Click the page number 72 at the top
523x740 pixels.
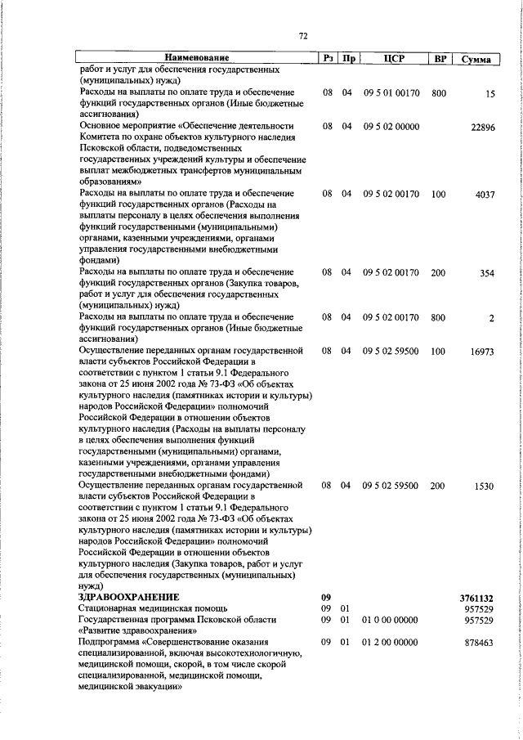(302, 37)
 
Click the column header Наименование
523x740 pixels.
(196, 58)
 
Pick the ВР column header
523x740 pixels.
(441, 58)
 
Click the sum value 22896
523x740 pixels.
(483, 127)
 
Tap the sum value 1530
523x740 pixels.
(484, 487)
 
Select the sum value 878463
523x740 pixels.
(479, 644)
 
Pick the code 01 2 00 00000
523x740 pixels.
(391, 644)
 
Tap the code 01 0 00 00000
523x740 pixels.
(391, 621)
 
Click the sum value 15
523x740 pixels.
(490, 94)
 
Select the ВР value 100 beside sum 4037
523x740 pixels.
(439, 194)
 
